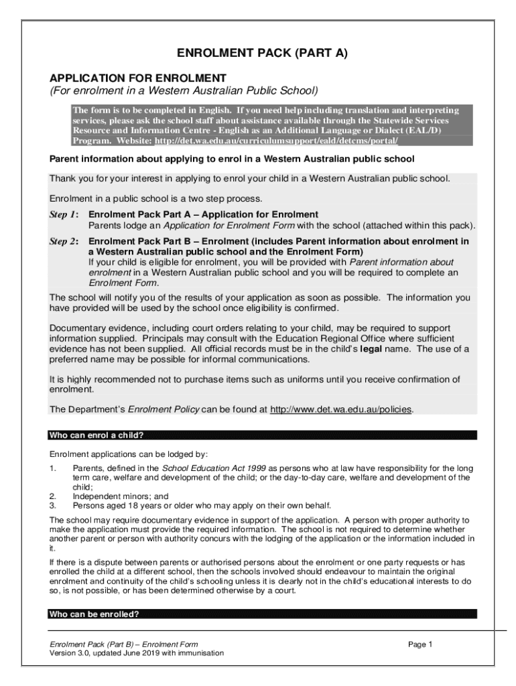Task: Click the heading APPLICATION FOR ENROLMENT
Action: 138,78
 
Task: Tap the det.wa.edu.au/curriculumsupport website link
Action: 276,141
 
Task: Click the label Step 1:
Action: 64,214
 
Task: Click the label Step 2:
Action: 64,241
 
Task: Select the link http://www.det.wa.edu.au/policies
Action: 341,409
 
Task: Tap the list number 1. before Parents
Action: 53,468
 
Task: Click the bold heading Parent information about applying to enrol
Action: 232,159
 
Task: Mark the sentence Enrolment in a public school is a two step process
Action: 155,199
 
